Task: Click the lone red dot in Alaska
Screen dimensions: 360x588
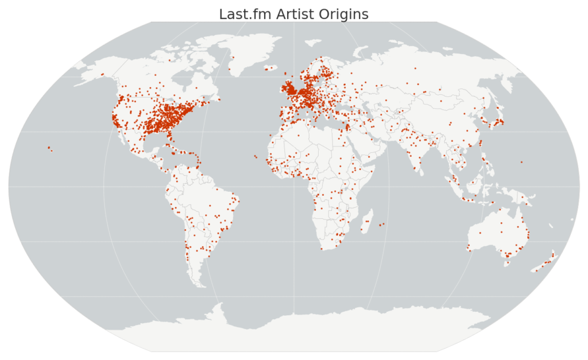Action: point(102,74)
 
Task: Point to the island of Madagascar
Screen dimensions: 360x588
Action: point(365,221)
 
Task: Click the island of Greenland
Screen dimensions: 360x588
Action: point(247,55)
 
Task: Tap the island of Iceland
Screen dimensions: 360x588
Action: point(270,68)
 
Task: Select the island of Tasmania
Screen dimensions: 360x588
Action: point(507,264)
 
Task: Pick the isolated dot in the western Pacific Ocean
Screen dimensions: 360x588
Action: point(521,162)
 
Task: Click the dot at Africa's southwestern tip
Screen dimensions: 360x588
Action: point(322,249)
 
